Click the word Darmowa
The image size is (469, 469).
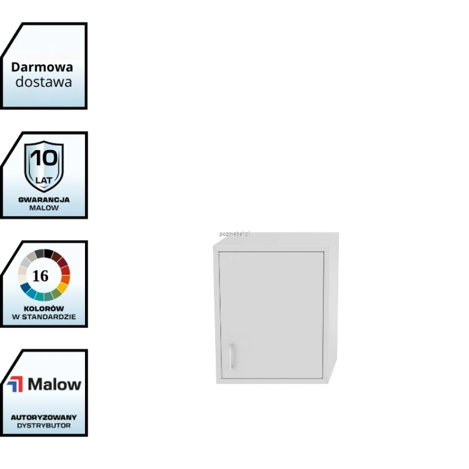click(x=42, y=67)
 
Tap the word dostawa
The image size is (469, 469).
click(x=44, y=82)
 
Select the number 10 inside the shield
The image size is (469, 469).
click(x=44, y=158)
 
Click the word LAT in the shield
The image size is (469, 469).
click(x=44, y=180)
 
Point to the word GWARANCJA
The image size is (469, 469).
click(x=44, y=200)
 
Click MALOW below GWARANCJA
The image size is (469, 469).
click(x=44, y=208)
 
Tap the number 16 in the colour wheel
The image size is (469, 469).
click(x=40, y=276)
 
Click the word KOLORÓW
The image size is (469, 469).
click(x=44, y=309)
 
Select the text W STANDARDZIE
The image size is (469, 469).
click(x=44, y=317)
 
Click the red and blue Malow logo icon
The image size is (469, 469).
click(x=15, y=384)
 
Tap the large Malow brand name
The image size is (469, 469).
click(x=54, y=384)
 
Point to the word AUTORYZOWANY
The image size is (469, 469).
click(x=44, y=417)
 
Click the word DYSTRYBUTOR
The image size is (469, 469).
click(x=44, y=426)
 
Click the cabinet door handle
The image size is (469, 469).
click(x=231, y=356)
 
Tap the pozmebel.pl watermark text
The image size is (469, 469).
click(x=234, y=234)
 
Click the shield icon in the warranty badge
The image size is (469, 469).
click(x=44, y=166)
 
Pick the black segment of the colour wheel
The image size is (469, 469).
click(x=48, y=253)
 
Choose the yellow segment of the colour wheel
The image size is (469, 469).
click(x=63, y=288)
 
